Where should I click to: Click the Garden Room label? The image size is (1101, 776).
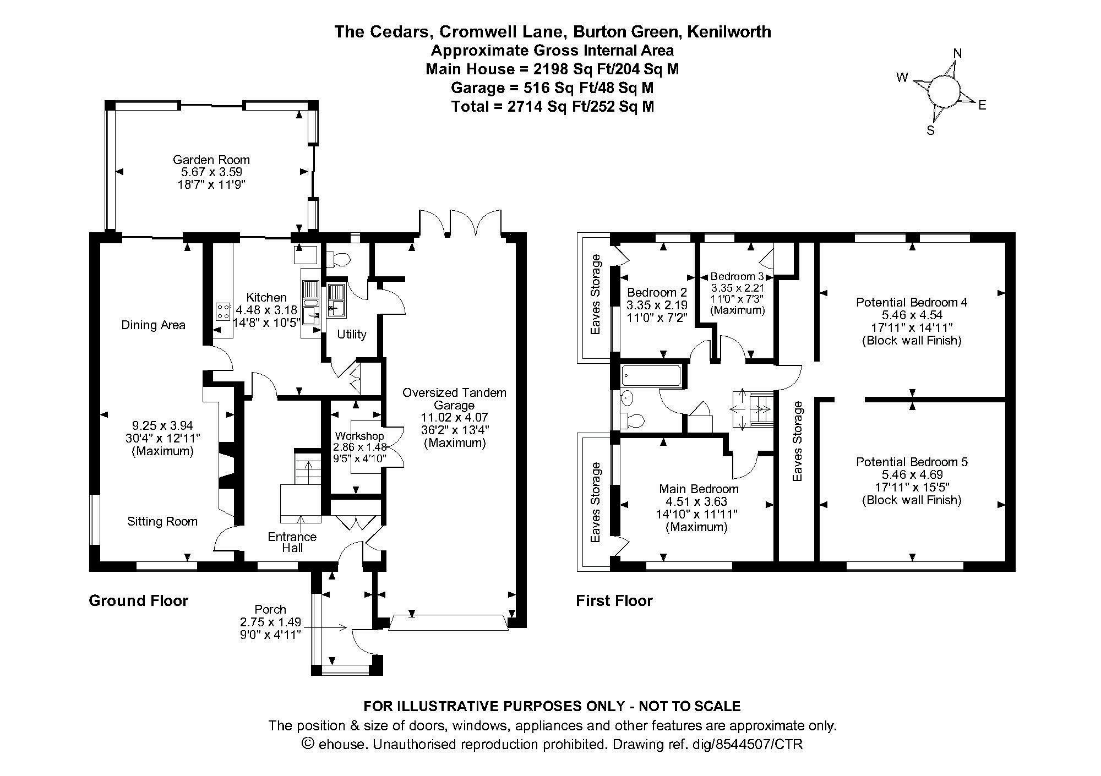pyautogui.click(x=211, y=160)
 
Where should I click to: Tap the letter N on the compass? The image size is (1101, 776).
pyautogui.click(x=957, y=53)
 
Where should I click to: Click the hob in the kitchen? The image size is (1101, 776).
pyautogui.click(x=223, y=312)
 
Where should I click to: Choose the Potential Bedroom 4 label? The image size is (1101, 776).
pyautogui.click(x=912, y=302)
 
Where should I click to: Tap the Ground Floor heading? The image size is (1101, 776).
pyautogui.click(x=139, y=600)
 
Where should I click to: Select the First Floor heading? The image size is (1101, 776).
pyautogui.click(x=614, y=600)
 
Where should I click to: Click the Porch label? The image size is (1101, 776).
pyautogui.click(x=270, y=609)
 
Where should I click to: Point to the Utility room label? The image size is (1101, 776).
pyautogui.click(x=351, y=334)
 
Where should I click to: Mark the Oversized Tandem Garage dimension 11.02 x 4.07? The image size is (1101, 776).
pyautogui.click(x=454, y=417)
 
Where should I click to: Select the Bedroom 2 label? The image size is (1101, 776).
pyautogui.click(x=657, y=292)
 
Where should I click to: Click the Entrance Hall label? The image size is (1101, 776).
pyautogui.click(x=292, y=542)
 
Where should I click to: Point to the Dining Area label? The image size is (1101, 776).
pyautogui.click(x=153, y=325)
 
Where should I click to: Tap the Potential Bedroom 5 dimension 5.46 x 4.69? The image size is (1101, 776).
pyautogui.click(x=912, y=474)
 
